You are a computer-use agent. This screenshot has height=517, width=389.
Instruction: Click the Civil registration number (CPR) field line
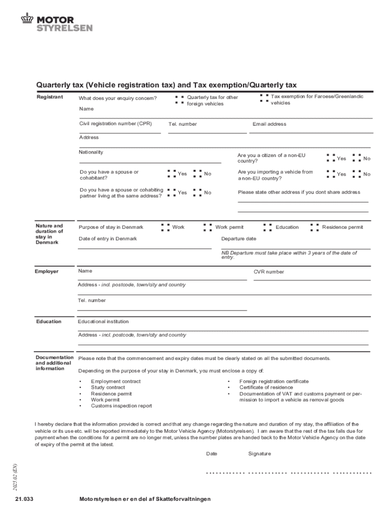point(120,132)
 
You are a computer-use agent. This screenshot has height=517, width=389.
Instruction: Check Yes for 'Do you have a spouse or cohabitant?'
point(171,174)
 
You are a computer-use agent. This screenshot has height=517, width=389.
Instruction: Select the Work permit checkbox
point(207,227)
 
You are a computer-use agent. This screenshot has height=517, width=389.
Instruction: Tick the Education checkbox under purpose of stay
point(267,227)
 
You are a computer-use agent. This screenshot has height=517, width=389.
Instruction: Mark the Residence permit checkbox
point(314,227)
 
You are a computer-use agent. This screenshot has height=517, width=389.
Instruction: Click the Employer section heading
point(46,272)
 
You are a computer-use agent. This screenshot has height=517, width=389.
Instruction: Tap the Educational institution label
point(103,322)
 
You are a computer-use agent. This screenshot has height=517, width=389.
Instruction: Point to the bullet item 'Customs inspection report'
point(121,406)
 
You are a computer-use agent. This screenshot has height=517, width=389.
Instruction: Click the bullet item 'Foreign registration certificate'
point(274,382)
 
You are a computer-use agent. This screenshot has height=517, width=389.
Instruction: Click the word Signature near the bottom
point(259,454)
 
